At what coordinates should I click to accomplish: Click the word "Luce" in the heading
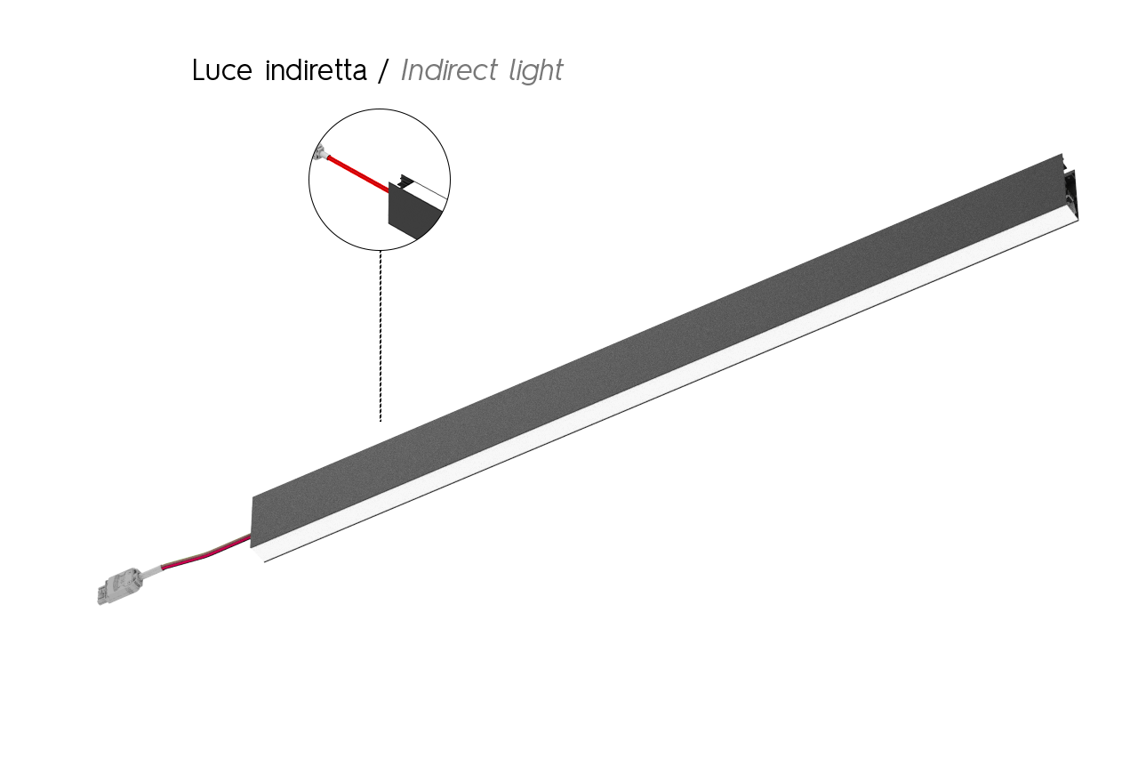coord(222,69)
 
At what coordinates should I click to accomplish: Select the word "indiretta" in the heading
coord(316,69)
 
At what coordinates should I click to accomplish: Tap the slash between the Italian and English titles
coord(383,70)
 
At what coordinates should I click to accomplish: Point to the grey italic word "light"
coord(536,70)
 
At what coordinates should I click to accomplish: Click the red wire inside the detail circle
coord(358,174)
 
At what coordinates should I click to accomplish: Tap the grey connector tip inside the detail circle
coord(321,151)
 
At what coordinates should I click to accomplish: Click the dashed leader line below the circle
coord(381,336)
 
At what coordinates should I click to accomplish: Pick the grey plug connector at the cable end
coord(120,586)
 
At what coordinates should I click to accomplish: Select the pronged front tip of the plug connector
coord(102,595)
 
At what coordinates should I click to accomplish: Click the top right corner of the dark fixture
coord(1062,154)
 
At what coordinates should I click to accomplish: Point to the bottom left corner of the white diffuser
coord(264,561)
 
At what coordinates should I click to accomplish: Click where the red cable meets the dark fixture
coord(252,536)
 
